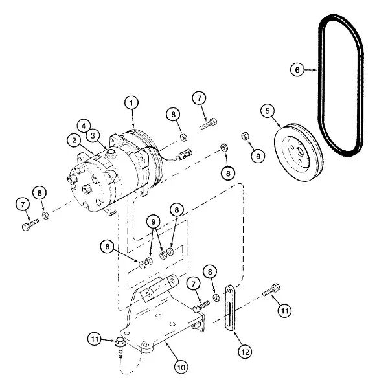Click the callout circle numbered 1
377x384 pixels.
[x=131, y=102]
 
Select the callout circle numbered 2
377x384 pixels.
[x=74, y=141]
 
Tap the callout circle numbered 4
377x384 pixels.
[x=84, y=126]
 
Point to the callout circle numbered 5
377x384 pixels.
[x=268, y=111]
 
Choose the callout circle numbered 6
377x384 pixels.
[x=297, y=70]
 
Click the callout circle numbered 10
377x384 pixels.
[x=181, y=367]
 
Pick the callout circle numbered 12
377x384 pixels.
[x=245, y=352]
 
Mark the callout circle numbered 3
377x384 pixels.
[x=93, y=136]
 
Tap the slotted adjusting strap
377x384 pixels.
[x=230, y=308]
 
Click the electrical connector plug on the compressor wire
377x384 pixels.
[x=186, y=153]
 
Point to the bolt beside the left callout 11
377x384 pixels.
[x=120, y=348]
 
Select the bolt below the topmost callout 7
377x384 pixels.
[x=208, y=124]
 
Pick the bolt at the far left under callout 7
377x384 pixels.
[x=30, y=225]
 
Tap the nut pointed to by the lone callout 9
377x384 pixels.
[x=246, y=136]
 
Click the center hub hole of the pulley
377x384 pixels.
[x=300, y=152]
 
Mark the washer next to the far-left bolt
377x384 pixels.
[x=45, y=216]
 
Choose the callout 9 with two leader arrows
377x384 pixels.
[x=154, y=222]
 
